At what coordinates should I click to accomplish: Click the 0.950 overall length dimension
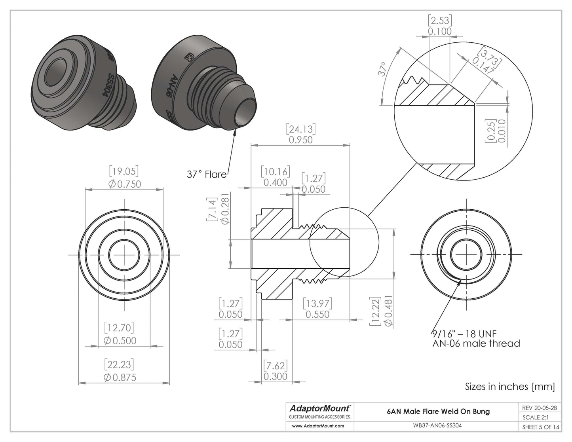(300, 140)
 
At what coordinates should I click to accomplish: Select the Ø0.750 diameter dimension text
(124, 184)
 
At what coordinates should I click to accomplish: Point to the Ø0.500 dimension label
(120, 341)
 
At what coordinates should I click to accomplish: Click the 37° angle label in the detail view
(382, 70)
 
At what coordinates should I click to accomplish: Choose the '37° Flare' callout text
(206, 174)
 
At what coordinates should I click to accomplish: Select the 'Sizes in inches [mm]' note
(509, 386)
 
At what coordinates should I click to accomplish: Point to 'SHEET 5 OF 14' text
(541, 427)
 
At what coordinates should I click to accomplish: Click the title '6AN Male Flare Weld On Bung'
(438, 411)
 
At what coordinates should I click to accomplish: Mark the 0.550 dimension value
(318, 314)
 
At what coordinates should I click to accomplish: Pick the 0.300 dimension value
(275, 376)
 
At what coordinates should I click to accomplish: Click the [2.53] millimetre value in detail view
(439, 20)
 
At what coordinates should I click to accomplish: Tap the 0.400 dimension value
(275, 182)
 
